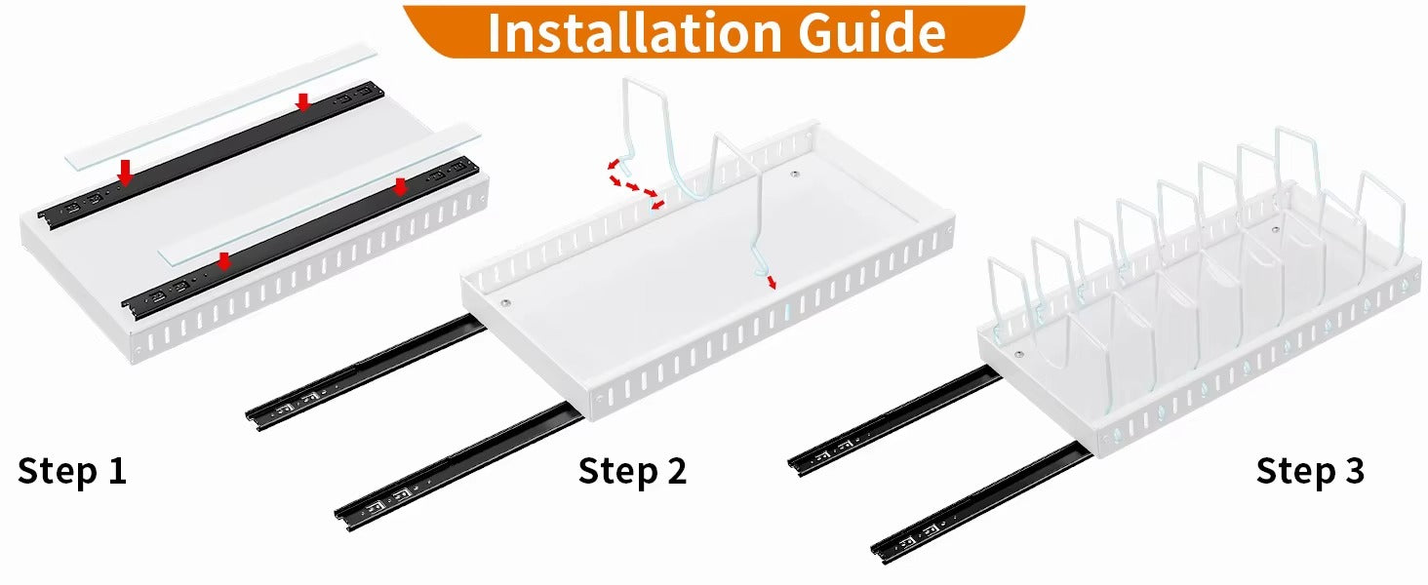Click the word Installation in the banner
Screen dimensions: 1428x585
[634, 32]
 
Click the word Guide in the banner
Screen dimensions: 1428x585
[873, 32]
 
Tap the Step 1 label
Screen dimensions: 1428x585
[72, 472]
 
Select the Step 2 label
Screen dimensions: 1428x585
[632, 472]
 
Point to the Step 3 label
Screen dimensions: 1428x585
[1310, 472]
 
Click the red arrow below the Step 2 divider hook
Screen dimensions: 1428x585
[772, 283]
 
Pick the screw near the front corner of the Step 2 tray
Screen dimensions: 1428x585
[505, 302]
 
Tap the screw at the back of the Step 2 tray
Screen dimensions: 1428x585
[794, 174]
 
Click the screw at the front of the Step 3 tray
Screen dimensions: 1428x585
[1018, 355]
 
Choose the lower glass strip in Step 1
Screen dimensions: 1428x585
[319, 194]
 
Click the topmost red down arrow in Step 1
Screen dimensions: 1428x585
[303, 101]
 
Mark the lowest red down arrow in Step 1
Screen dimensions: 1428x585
[223, 261]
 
